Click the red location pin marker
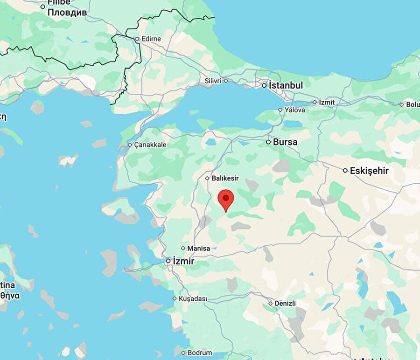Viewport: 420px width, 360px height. coord(226,199)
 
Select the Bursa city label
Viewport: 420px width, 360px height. coord(285,142)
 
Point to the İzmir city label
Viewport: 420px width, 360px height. coord(183,261)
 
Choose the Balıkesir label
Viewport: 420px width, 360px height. coord(225,178)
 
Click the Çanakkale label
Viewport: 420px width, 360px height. coord(150,145)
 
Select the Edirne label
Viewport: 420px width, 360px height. coord(151,39)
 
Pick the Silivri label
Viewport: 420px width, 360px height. coord(213,81)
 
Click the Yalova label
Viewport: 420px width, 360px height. coord(295,110)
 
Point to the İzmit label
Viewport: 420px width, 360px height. coord(327,102)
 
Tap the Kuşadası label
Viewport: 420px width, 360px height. coord(193,298)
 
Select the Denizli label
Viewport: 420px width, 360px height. coord(285,303)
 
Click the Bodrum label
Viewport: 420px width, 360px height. coord(200,353)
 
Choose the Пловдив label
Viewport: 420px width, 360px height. coord(67,13)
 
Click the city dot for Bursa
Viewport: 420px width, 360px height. coord(268,142)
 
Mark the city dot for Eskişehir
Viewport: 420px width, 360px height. coord(345,171)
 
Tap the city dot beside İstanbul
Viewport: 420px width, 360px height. coord(264,85)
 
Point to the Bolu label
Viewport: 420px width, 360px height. coord(413,104)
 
